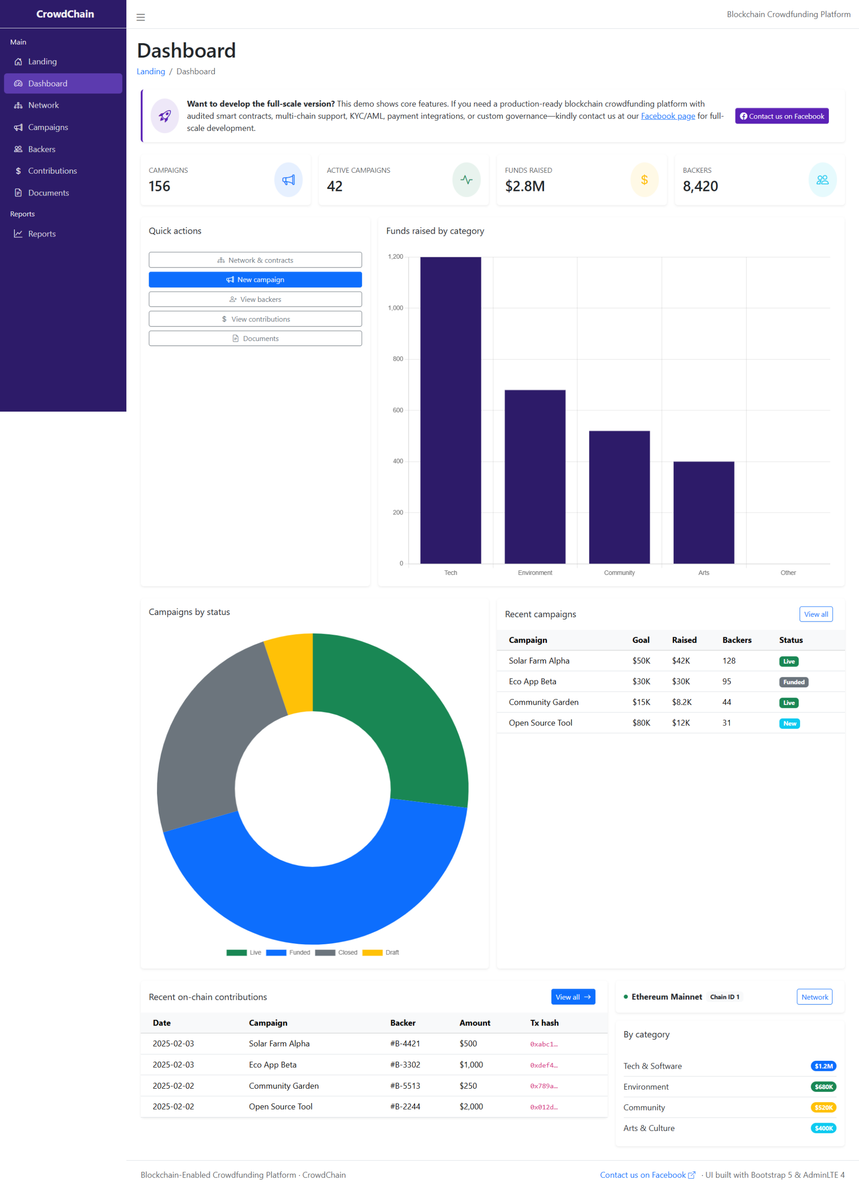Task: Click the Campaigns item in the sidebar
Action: coord(48,127)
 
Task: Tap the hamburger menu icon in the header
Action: coord(141,17)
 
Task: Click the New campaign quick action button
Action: coord(255,280)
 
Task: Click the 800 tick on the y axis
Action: coord(398,359)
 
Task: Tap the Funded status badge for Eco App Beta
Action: coord(793,682)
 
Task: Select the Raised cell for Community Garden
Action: coord(681,702)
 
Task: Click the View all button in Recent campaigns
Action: coord(815,614)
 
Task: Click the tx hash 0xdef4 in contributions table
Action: coord(544,1065)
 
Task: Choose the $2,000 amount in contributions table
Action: coord(471,1107)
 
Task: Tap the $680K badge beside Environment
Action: coord(823,1087)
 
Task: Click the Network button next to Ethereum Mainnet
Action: coord(814,997)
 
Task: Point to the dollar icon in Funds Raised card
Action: coord(644,180)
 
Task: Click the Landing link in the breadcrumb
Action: coord(151,72)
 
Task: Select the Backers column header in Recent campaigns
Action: coord(736,640)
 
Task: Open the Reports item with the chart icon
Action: coord(41,234)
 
